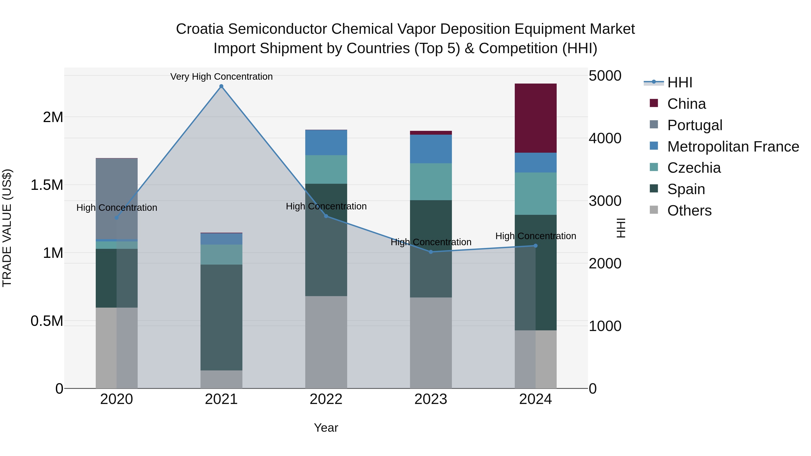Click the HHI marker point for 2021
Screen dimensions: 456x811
point(221,86)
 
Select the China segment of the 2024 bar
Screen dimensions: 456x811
point(535,118)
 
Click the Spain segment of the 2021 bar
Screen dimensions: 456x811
point(221,317)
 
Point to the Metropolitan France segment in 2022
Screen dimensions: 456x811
point(326,142)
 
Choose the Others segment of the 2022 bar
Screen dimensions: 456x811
point(326,342)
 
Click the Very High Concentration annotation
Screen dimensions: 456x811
point(221,77)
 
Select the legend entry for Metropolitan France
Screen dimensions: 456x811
point(733,147)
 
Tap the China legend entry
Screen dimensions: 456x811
point(686,104)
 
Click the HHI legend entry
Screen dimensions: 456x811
point(680,82)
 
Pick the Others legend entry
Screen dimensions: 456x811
point(689,211)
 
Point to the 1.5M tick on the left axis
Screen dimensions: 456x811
point(47,185)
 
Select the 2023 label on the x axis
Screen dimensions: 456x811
point(431,399)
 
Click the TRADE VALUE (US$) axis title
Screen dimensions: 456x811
point(7,228)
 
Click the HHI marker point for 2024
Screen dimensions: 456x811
point(535,246)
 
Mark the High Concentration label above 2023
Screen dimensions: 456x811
point(431,242)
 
